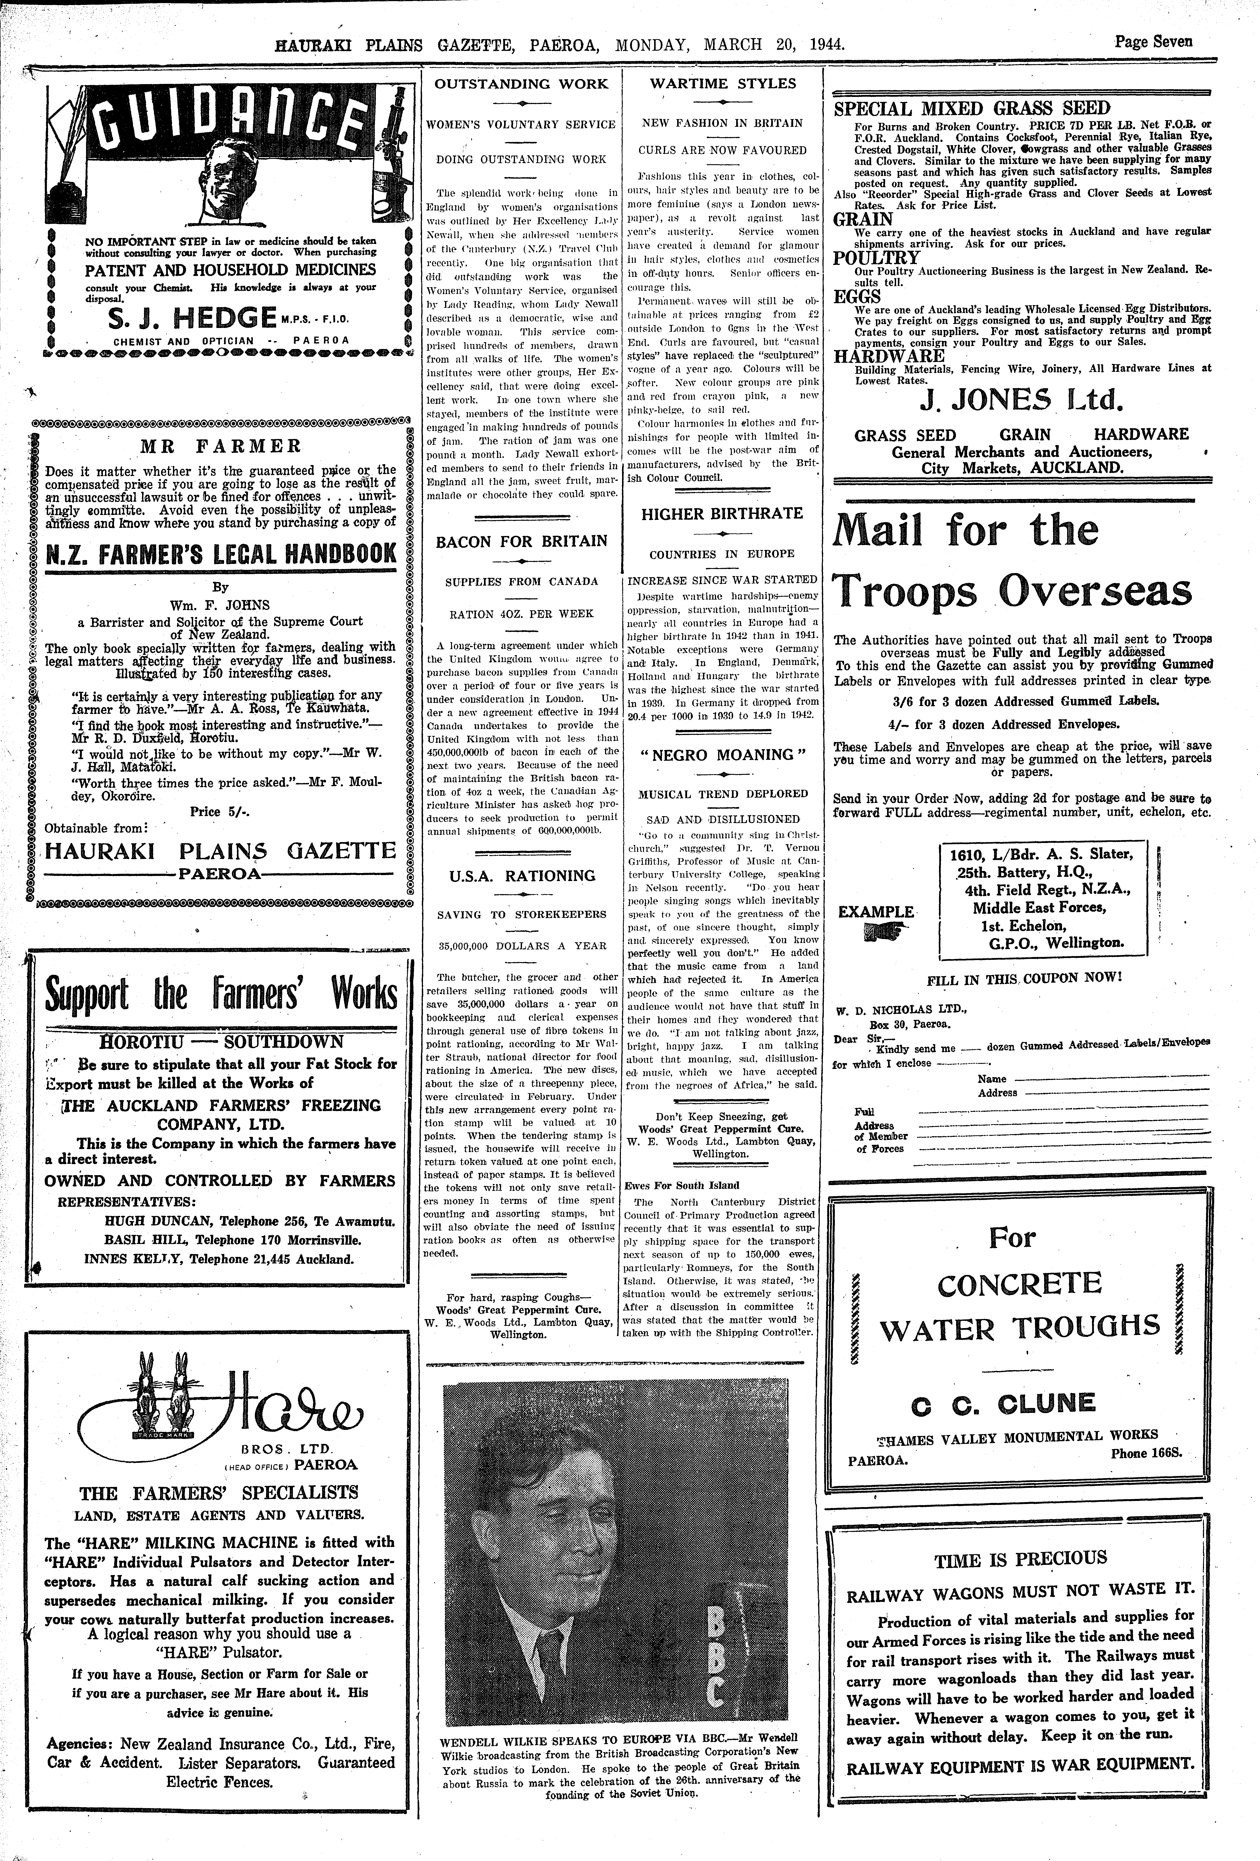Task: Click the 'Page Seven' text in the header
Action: click(x=1153, y=42)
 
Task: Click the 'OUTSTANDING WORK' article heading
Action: click(x=521, y=83)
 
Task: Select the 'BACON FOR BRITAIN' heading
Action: click(x=521, y=541)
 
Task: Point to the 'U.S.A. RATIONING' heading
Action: click(x=521, y=875)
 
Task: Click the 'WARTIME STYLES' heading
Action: click(x=722, y=83)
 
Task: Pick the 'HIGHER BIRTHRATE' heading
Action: click(x=722, y=514)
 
